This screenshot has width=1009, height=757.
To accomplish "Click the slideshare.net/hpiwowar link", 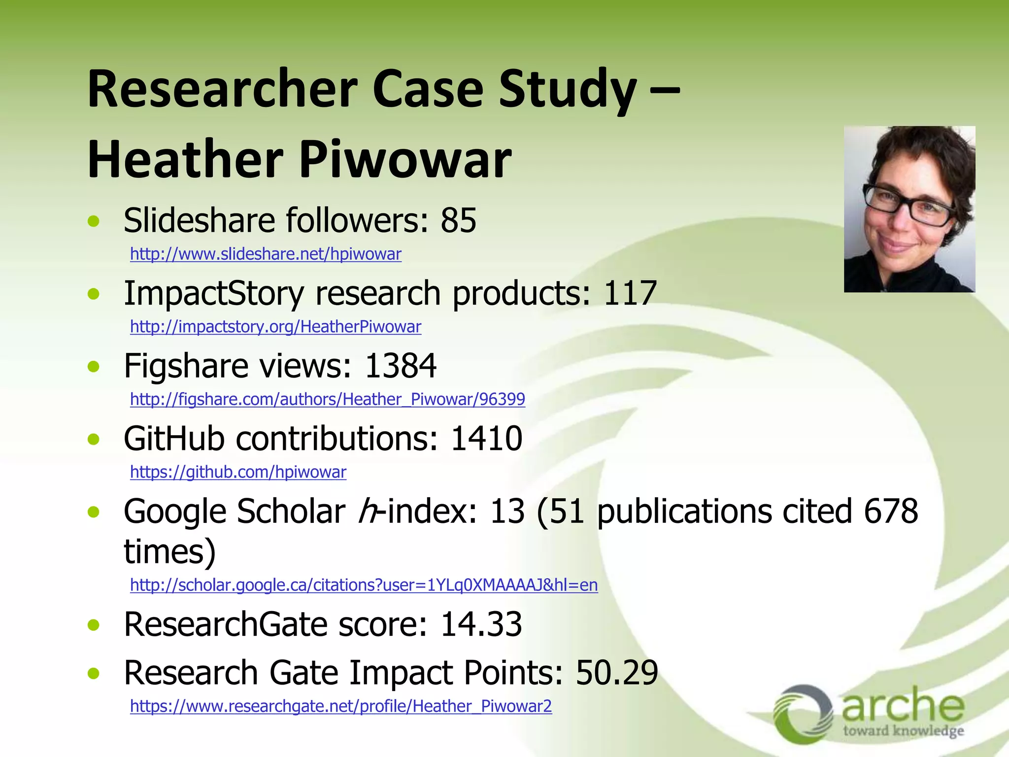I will (266, 254).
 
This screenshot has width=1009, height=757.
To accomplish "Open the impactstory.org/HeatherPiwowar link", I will (275, 327).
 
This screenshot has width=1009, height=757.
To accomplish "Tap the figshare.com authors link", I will (327, 399).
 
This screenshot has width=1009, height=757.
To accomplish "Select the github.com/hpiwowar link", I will (238, 472).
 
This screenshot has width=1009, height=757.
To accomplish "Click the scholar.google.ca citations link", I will (364, 585).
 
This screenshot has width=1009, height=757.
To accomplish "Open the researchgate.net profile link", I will (340, 706).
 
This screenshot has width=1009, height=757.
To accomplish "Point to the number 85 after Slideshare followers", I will (458, 220).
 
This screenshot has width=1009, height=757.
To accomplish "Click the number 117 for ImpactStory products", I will (630, 293).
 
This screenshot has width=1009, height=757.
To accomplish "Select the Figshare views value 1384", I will (400, 366).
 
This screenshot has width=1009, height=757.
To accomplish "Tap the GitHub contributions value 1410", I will (486, 438).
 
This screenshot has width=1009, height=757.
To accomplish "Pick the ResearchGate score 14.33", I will (480, 624).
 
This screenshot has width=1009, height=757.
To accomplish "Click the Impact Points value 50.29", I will (616, 673).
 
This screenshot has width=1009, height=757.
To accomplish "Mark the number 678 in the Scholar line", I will (891, 511).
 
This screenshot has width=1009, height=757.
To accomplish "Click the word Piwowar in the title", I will (405, 160).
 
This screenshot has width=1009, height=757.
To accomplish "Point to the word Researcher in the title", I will (222, 89).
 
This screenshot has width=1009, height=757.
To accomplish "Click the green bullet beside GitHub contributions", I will (93, 439).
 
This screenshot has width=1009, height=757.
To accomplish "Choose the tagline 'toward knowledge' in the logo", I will (903, 731).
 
